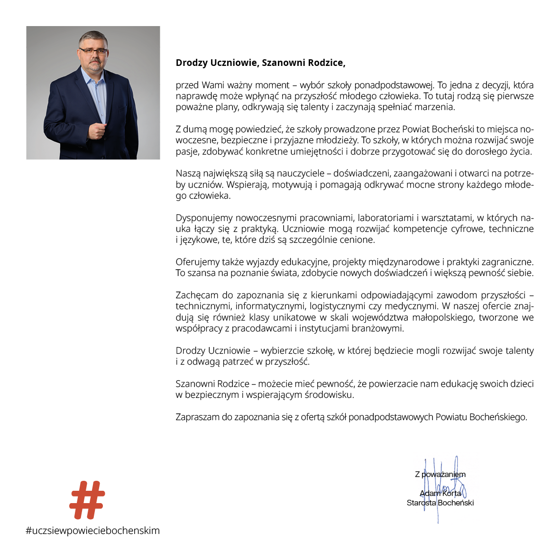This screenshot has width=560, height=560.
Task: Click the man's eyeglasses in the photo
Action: [x=93, y=51]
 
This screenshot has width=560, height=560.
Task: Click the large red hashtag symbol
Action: [x=87, y=500]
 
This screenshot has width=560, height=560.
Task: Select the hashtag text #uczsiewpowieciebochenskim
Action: [x=93, y=531]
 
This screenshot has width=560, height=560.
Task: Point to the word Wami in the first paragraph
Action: [x=213, y=85]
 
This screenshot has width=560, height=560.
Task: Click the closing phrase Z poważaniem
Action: [x=440, y=474]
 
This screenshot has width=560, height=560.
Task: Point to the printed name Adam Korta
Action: [x=440, y=493]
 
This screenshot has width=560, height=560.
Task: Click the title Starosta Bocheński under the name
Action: [x=440, y=503]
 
